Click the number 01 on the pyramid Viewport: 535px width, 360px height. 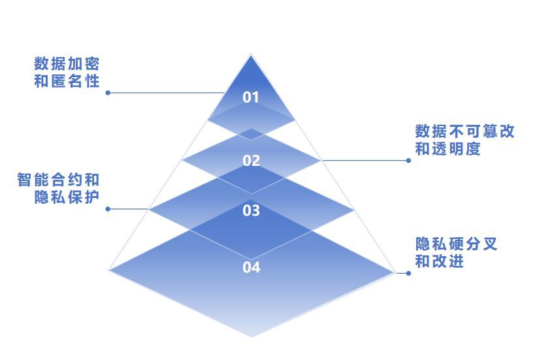pos(251,97)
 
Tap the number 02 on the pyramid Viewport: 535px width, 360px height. pos(251,161)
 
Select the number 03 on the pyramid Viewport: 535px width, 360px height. pos(251,210)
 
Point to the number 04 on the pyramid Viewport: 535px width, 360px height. pos(251,267)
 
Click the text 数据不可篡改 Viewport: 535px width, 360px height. pos(464,131)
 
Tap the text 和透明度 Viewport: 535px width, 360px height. pos(447,149)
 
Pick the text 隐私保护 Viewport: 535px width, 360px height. pos(67,197)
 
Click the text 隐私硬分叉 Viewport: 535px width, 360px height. pos(456,244)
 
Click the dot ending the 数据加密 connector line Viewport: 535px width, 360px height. pos(108,93)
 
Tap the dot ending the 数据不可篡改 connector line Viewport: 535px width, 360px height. pos(409,160)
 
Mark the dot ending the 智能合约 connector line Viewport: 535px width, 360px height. pos(108,209)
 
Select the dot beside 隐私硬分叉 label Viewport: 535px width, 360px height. pos(408,273)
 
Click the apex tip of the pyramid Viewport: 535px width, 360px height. pos(251,54)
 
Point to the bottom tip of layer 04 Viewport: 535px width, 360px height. pos(251,336)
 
